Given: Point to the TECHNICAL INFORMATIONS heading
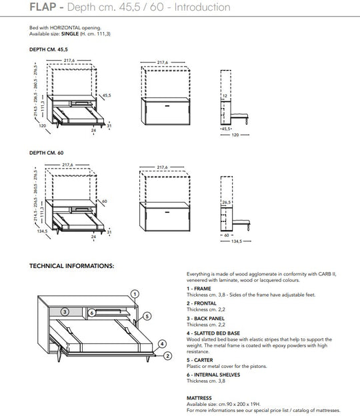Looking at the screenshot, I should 72,265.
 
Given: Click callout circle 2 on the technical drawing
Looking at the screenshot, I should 168,355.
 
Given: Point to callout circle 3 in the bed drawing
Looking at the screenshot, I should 64,311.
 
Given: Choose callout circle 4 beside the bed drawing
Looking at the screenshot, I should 161,344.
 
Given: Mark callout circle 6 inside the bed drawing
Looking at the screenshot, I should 91,311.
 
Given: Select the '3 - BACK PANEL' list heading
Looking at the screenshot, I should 205,319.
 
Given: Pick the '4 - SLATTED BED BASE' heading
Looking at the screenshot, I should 213,333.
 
